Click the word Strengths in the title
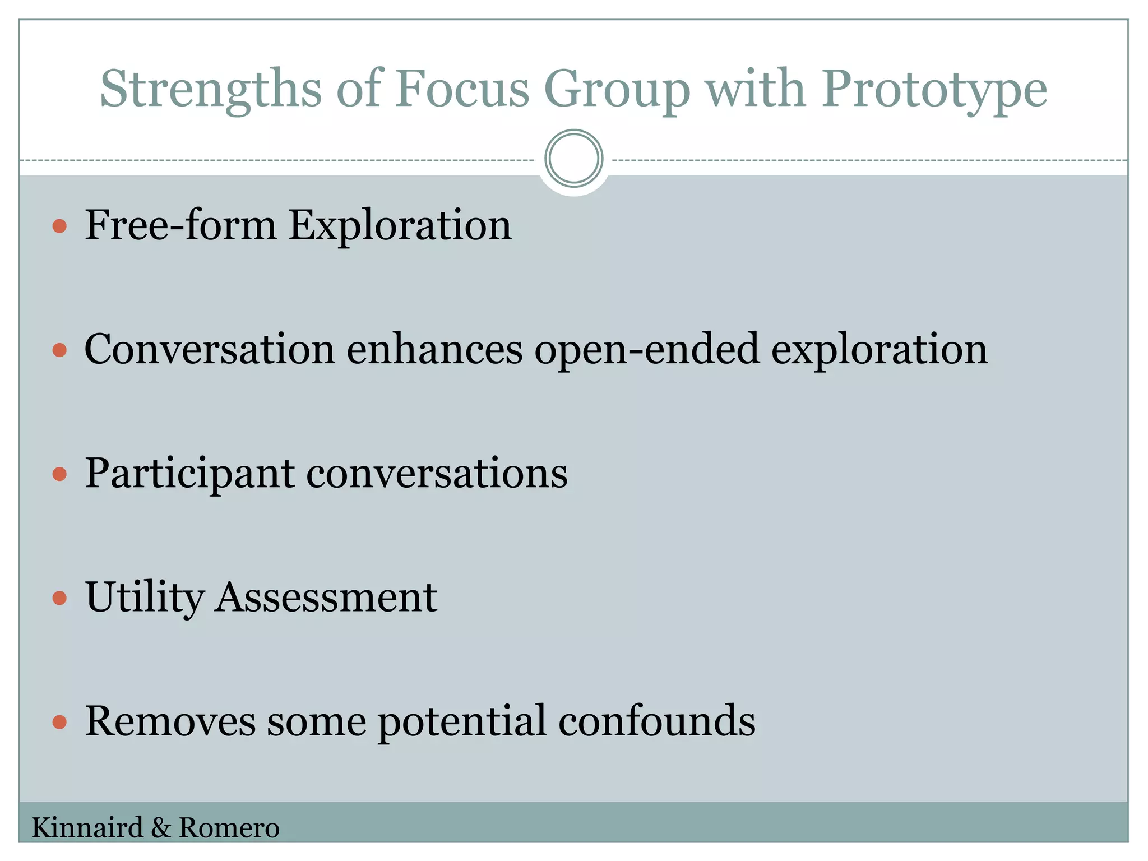click(x=211, y=90)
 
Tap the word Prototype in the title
click(x=934, y=90)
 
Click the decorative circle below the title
click(x=573, y=159)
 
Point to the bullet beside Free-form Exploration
click(x=59, y=226)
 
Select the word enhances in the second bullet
click(x=434, y=350)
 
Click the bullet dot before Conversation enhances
click(x=59, y=350)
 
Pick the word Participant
click(x=189, y=474)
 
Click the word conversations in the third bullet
click(x=437, y=474)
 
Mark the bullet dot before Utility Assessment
click(x=59, y=598)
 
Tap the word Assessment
click(x=326, y=598)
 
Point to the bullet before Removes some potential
click(x=59, y=722)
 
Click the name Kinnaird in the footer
click(x=87, y=828)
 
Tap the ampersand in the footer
click(x=161, y=828)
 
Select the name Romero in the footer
click(x=229, y=828)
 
